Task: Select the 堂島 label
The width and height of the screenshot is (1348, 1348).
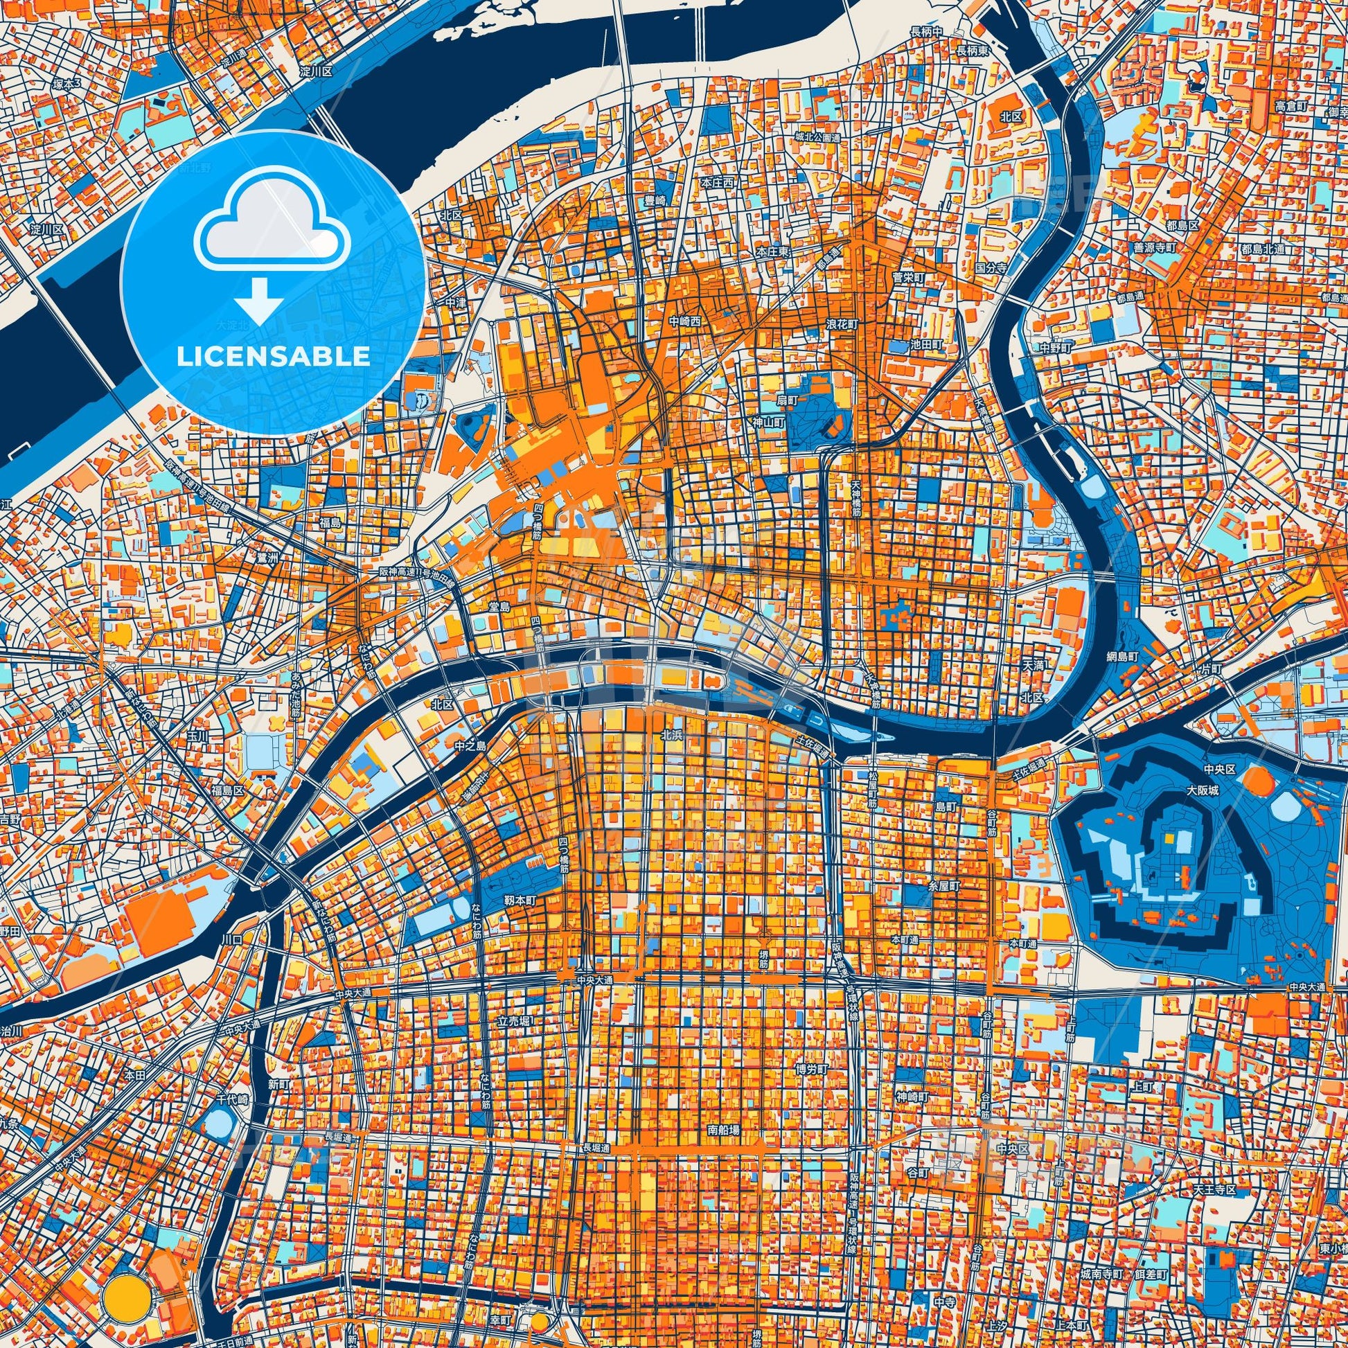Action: [499, 607]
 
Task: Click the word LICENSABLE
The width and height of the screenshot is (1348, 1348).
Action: [273, 356]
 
